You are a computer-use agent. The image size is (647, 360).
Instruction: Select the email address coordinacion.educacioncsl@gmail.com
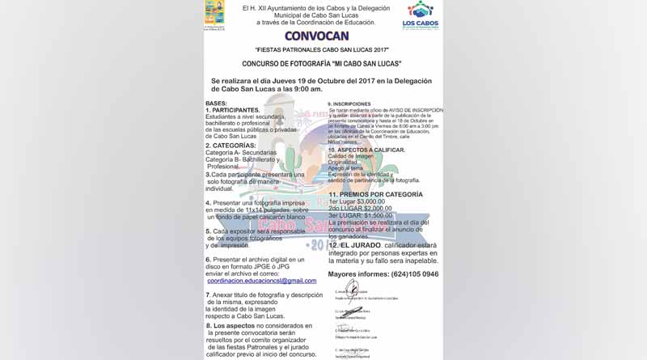[x=261, y=280]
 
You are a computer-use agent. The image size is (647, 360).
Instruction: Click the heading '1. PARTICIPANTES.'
[x=233, y=110]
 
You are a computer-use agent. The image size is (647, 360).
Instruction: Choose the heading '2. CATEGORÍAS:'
[x=230, y=146]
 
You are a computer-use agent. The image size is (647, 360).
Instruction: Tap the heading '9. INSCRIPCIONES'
[x=349, y=104]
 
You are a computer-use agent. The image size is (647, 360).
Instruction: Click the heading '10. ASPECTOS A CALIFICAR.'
[x=366, y=150]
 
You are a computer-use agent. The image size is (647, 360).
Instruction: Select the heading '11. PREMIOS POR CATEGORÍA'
[x=375, y=194]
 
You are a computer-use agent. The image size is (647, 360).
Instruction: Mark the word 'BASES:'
[x=216, y=104]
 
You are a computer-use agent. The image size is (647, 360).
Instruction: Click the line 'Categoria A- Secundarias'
[x=241, y=152]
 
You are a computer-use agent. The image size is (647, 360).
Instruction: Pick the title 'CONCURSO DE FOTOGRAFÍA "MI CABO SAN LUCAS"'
[x=322, y=63]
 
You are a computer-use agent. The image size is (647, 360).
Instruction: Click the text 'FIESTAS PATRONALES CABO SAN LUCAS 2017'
[x=322, y=49]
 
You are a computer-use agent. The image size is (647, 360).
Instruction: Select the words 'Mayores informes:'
[x=357, y=274]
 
